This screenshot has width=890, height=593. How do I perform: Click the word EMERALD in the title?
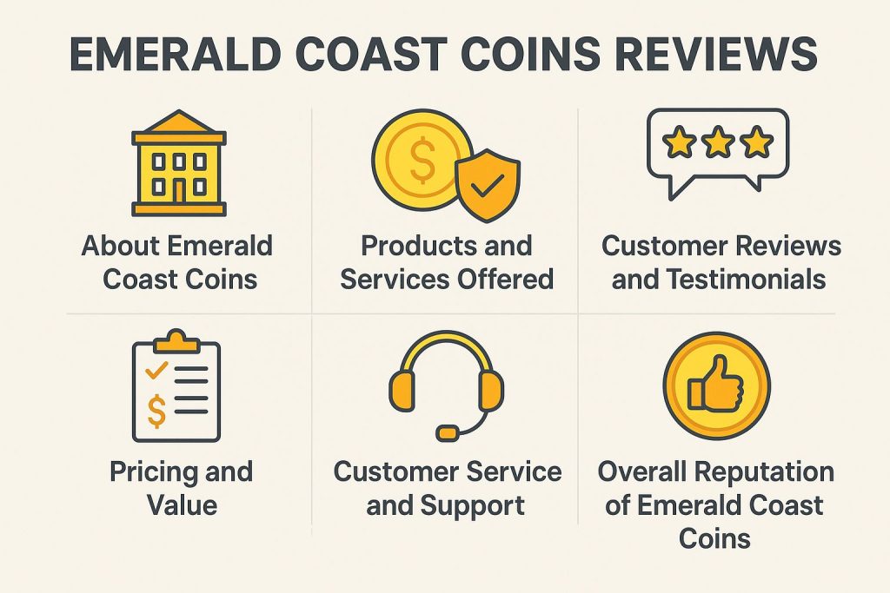(176, 54)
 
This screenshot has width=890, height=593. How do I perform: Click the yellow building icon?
(179, 163)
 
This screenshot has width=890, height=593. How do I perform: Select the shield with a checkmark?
(488, 184)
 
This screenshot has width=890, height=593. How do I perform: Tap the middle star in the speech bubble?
(718, 142)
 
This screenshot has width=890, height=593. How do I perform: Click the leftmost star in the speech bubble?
(680, 142)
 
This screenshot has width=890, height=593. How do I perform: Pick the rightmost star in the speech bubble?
(757, 142)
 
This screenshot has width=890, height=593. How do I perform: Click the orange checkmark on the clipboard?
(156, 370)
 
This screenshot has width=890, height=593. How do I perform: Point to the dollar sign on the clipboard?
(156, 411)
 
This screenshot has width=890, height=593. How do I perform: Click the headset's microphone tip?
(448, 432)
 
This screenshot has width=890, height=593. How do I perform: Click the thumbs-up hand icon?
(715, 385)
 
